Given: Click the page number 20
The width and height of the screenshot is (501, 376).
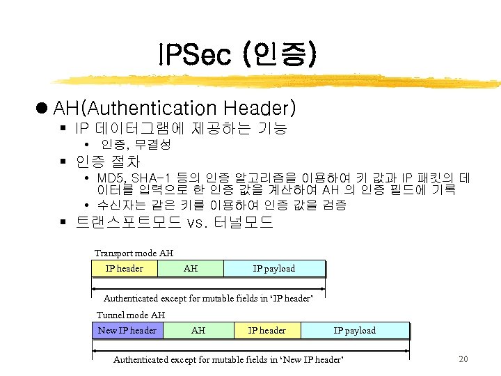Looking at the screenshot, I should [464, 359].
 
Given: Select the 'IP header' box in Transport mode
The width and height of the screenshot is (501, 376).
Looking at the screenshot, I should [124, 269].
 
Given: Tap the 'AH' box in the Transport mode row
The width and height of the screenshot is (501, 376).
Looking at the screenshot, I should [191, 269].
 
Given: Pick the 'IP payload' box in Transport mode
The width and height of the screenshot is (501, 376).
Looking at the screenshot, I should [273, 269].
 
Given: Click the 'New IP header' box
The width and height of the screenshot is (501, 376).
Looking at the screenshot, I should [127, 331].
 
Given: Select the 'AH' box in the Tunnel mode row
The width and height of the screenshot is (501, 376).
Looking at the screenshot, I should [198, 331].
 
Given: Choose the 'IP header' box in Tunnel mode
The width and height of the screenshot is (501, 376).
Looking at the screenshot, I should [267, 331].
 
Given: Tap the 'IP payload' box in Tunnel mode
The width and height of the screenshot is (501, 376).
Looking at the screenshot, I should [354, 331].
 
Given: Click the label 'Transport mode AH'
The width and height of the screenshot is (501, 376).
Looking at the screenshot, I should [134, 253].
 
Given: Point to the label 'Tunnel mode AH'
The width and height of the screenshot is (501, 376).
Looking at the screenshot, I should [131, 315].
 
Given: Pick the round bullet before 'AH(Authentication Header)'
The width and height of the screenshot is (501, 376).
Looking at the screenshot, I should [42, 109].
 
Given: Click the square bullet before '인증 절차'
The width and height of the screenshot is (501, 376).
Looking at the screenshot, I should [63, 162].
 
